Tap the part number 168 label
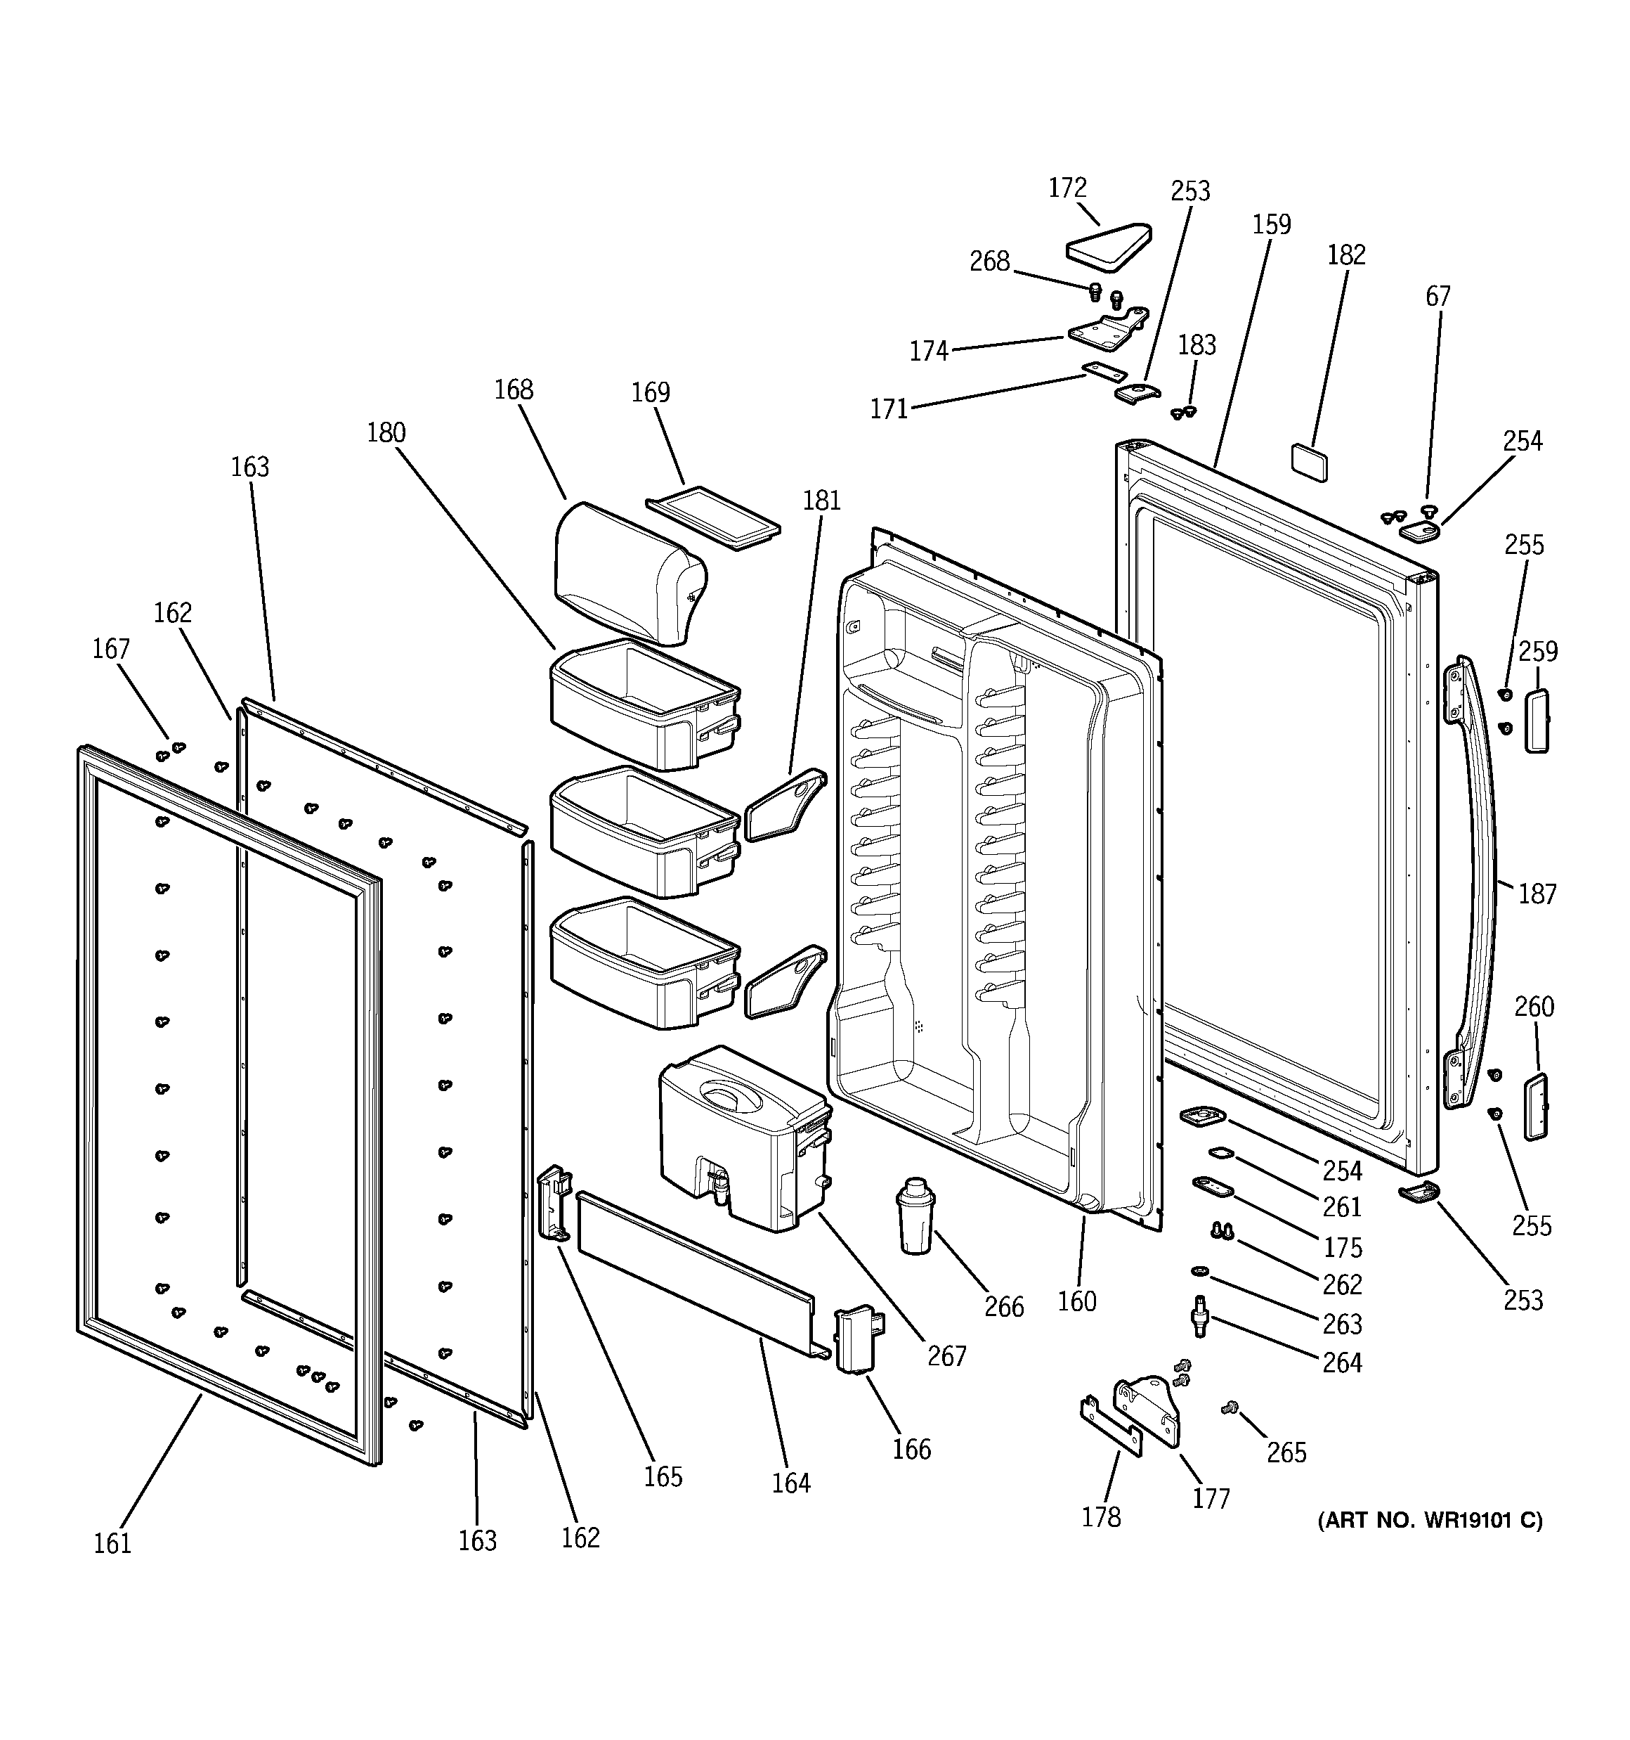pyautogui.click(x=514, y=389)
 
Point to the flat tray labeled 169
pyautogui.click(x=713, y=522)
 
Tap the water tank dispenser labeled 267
pyautogui.click(x=744, y=1138)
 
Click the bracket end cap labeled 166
pyautogui.click(x=856, y=1339)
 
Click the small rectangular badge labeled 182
pyautogui.click(x=1309, y=462)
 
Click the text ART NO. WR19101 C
pyautogui.click(x=1430, y=1521)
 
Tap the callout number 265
pyautogui.click(x=1286, y=1453)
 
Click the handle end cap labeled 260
pyautogui.click(x=1536, y=1108)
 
